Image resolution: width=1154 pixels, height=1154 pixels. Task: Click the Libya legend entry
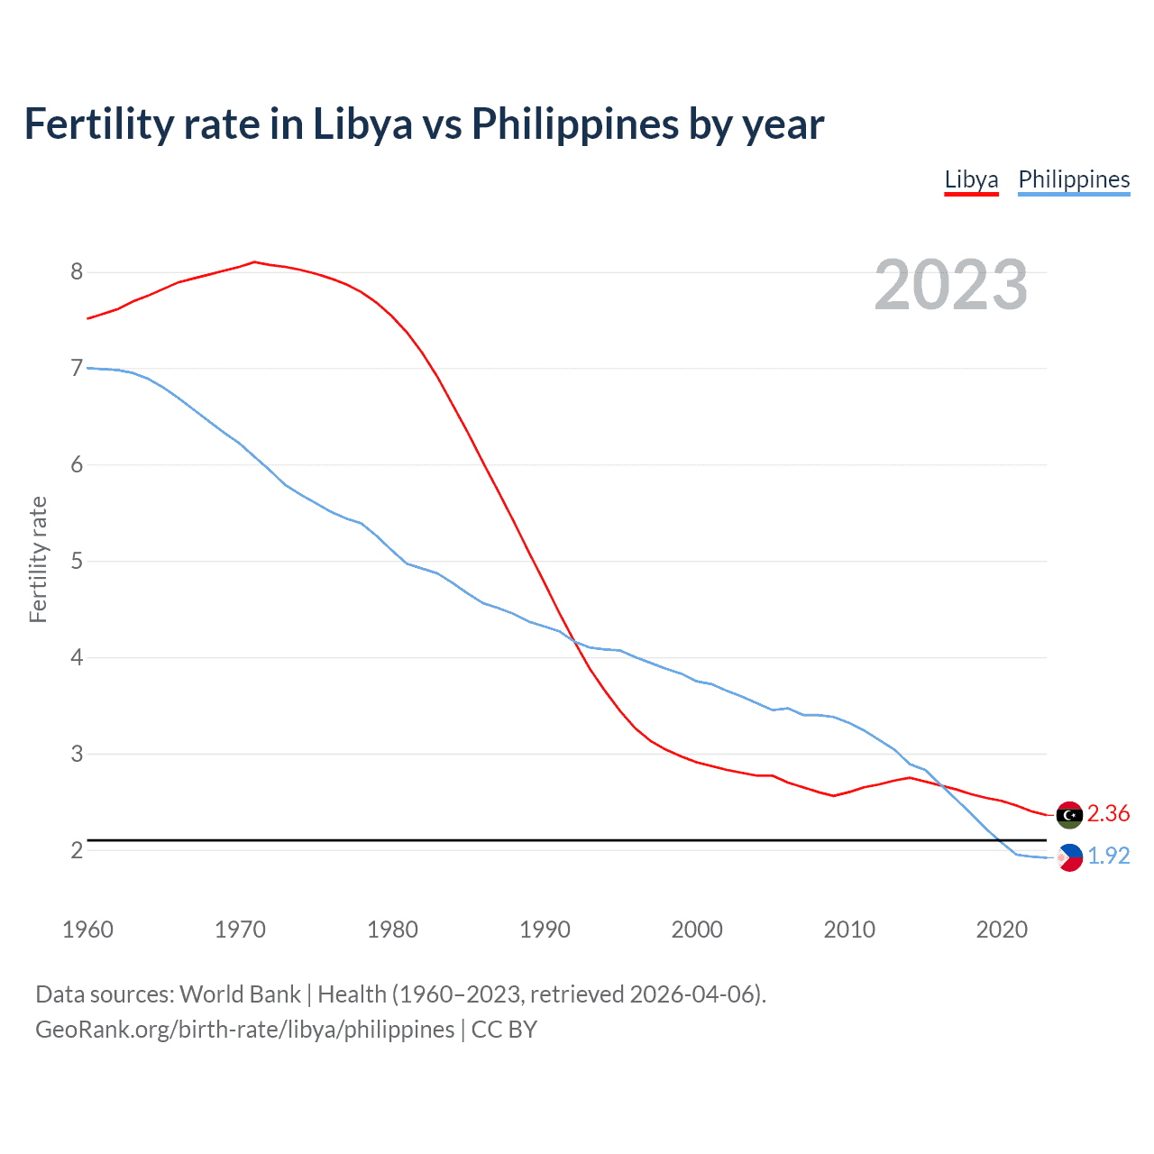coord(971,179)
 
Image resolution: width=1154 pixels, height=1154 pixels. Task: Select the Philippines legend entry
coord(1074,179)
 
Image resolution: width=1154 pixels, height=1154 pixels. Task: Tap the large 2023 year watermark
coord(950,285)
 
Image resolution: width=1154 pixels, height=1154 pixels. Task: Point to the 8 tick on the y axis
coord(77,272)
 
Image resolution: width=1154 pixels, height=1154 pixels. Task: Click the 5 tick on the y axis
coord(77,562)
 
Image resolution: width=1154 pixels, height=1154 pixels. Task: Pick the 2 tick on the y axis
coord(77,850)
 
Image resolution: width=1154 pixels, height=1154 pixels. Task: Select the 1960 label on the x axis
coord(87,930)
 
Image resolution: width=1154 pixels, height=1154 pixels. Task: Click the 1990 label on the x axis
coord(545,930)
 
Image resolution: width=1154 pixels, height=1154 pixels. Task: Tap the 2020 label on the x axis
coord(1002,930)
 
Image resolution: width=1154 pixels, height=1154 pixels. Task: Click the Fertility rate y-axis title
coord(38,559)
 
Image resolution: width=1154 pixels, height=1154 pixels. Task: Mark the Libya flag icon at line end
coord(1069,814)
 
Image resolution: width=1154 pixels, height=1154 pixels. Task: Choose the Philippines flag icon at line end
coord(1069,857)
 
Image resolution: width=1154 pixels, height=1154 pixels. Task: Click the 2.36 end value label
coord(1108,814)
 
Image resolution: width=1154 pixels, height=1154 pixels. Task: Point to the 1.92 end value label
coord(1108,856)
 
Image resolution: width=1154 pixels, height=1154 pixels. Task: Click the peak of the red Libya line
coord(254,262)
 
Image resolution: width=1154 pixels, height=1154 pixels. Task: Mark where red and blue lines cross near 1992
coord(572,638)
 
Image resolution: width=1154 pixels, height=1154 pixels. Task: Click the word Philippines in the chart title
coord(575,124)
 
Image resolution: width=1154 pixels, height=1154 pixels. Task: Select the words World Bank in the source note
coord(240,994)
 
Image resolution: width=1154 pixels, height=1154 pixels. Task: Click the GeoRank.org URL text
coord(244,1030)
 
